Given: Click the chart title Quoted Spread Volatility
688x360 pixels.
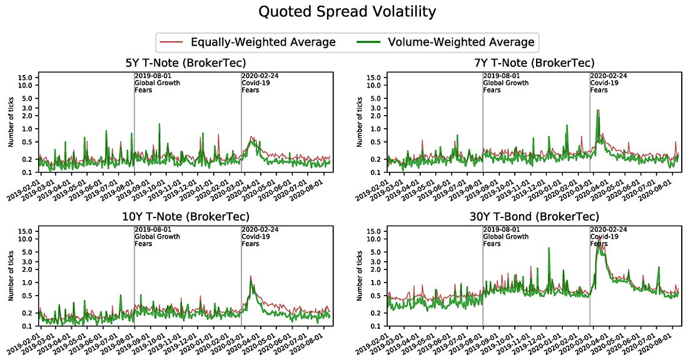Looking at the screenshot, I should pyautogui.click(x=343, y=12).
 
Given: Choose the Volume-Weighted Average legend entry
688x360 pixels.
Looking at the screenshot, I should pyautogui.click(x=461, y=42).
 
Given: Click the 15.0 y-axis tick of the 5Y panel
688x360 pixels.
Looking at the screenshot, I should pyautogui.click(x=31, y=77).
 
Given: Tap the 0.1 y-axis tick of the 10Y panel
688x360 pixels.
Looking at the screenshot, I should pyautogui.click(x=33, y=327).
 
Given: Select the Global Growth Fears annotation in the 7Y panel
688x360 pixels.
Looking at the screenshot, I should pyautogui.click(x=506, y=86).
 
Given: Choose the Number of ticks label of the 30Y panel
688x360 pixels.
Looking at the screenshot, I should pyautogui.click(x=359, y=277).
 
